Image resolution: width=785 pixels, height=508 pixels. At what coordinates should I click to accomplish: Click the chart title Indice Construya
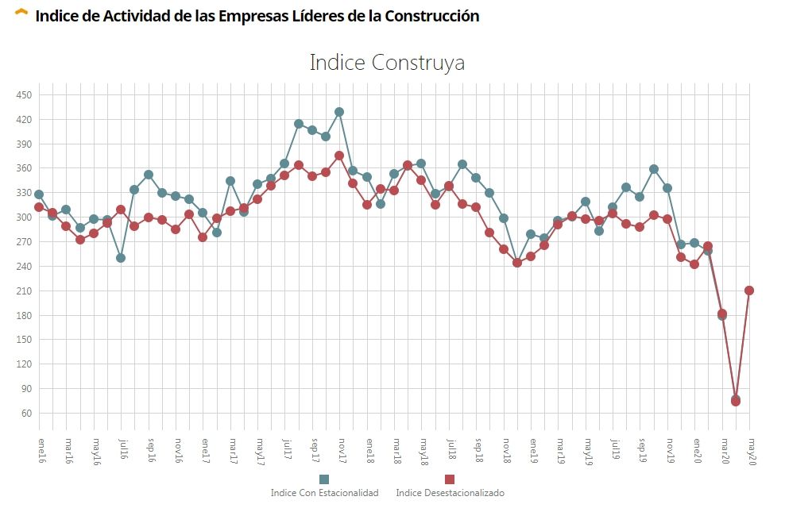(387, 63)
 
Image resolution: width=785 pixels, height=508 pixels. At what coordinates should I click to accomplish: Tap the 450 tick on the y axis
(24, 95)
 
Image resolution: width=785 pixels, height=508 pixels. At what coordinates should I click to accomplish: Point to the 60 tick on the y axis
(25, 414)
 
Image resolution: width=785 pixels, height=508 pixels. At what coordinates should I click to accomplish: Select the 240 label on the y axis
(24, 267)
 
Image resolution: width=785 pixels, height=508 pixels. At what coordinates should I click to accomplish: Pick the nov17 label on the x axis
(339, 448)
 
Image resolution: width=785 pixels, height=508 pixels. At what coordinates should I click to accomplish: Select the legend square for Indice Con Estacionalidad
(323, 479)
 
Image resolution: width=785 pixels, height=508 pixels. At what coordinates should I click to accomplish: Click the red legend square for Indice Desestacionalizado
(449, 479)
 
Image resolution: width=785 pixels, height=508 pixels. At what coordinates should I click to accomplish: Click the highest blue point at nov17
(339, 112)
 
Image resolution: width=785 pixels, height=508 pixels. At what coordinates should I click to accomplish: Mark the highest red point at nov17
(339, 156)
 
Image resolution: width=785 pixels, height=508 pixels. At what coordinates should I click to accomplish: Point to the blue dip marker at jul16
(121, 258)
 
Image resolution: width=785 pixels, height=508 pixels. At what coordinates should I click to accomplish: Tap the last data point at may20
(749, 291)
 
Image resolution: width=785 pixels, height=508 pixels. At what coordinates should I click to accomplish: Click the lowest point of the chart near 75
(736, 401)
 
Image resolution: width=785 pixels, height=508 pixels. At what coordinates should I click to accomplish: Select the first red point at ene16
(39, 207)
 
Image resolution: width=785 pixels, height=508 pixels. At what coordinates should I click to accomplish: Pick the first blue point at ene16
(39, 194)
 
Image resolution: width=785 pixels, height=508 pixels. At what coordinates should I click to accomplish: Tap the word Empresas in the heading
(225, 16)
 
